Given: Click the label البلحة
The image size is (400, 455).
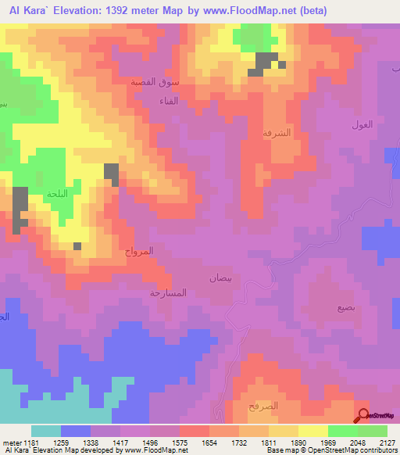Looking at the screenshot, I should (x=58, y=194).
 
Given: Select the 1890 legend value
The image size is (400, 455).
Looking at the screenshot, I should (x=298, y=442).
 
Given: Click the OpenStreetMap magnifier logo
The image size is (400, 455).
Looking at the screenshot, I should (x=363, y=416).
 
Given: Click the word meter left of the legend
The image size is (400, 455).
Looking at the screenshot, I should (x=11, y=442).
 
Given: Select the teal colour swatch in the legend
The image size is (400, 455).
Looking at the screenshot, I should (x=45, y=431).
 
